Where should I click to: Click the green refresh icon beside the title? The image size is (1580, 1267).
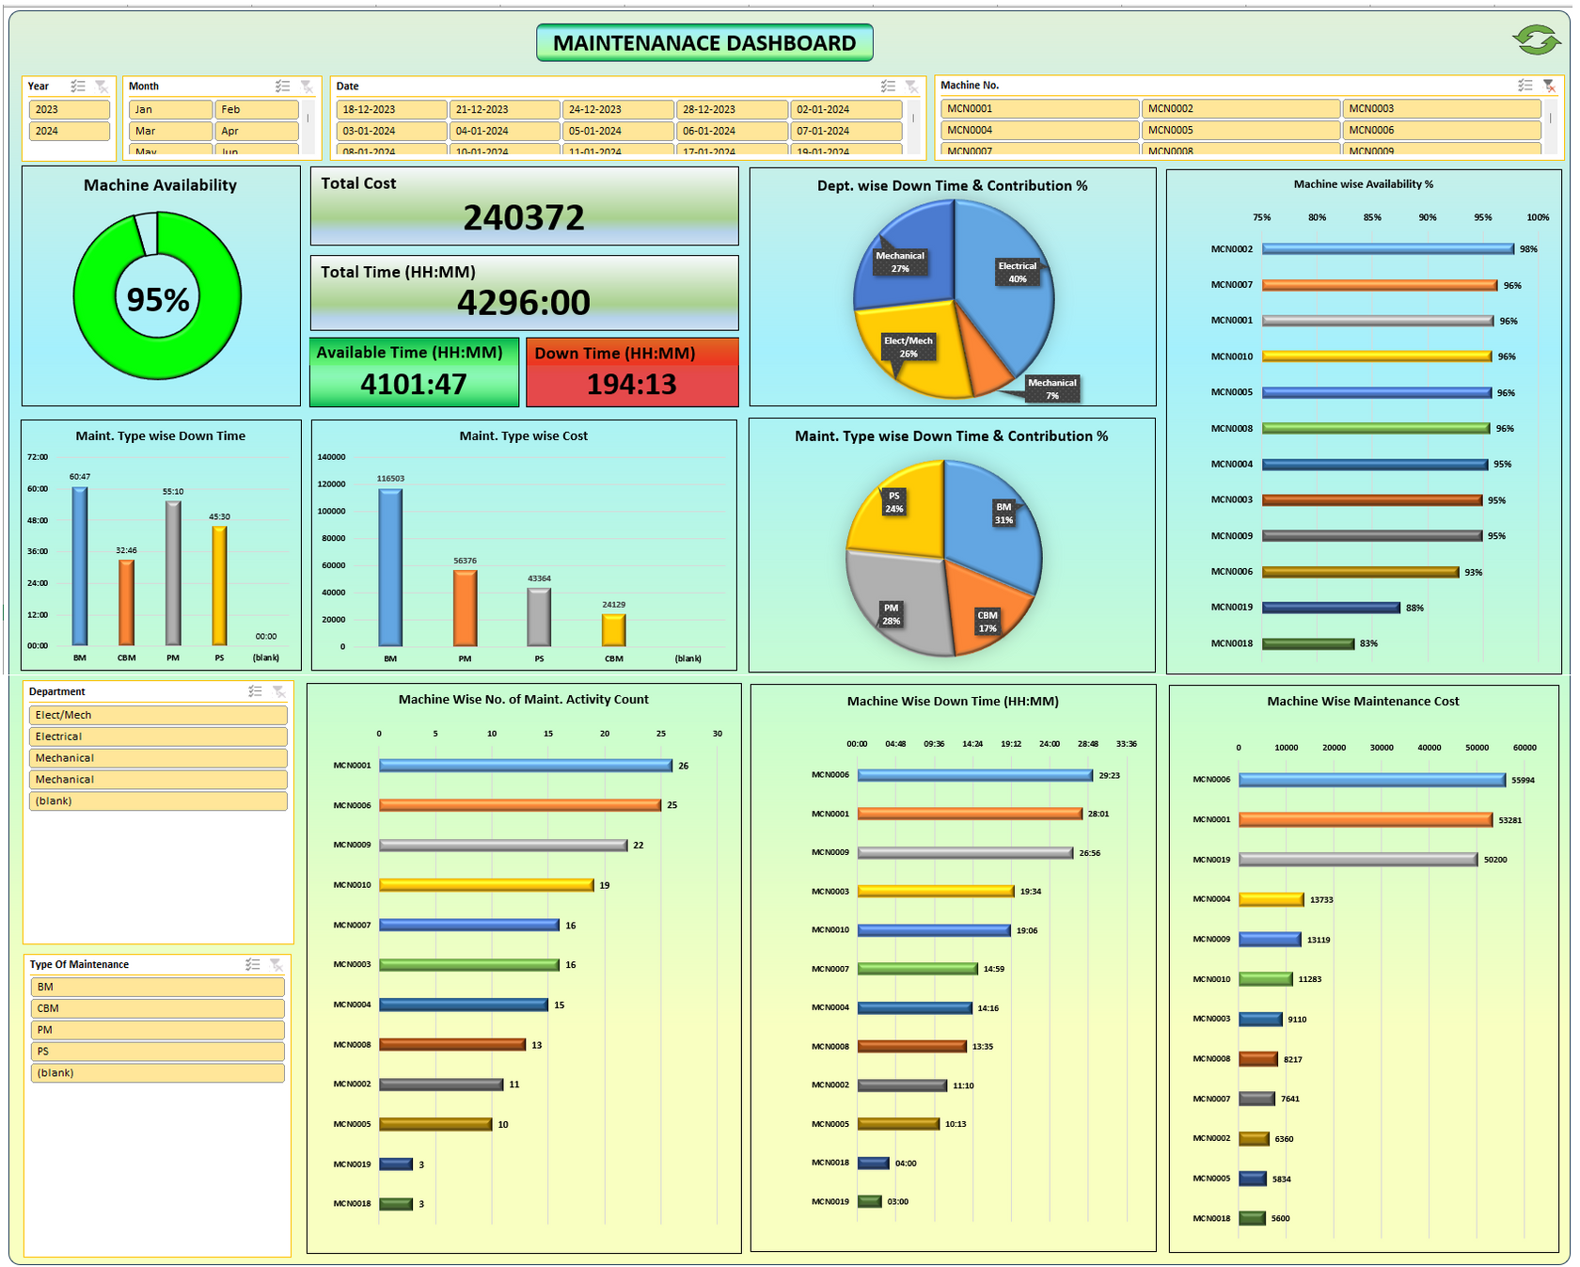click(1537, 40)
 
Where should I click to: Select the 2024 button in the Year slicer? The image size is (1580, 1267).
click(69, 131)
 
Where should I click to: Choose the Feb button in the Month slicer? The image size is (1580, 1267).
click(256, 109)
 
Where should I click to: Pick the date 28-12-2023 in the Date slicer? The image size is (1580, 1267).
click(731, 109)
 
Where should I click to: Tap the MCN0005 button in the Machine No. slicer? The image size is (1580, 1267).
click(1240, 130)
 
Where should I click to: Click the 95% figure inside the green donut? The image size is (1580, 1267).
click(158, 300)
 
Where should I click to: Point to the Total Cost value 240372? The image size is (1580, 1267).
click(523, 218)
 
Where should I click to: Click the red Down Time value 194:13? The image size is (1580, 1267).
click(631, 384)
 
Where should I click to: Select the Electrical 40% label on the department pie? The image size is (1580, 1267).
click(1017, 272)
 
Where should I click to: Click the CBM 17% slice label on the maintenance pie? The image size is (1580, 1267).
click(987, 622)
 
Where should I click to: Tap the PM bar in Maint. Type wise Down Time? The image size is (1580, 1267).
click(173, 573)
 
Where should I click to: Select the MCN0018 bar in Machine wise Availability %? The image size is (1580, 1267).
click(1307, 643)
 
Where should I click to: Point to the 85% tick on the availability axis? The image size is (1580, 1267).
click(1372, 217)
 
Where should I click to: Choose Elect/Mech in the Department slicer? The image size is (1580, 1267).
click(157, 715)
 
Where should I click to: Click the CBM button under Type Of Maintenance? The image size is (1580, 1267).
click(157, 1008)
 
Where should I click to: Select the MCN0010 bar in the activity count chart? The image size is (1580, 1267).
click(485, 885)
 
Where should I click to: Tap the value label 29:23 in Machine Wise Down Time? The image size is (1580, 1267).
click(1109, 776)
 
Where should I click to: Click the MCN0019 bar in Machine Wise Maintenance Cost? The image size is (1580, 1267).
click(1357, 860)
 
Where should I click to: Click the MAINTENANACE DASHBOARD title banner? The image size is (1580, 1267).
click(704, 42)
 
